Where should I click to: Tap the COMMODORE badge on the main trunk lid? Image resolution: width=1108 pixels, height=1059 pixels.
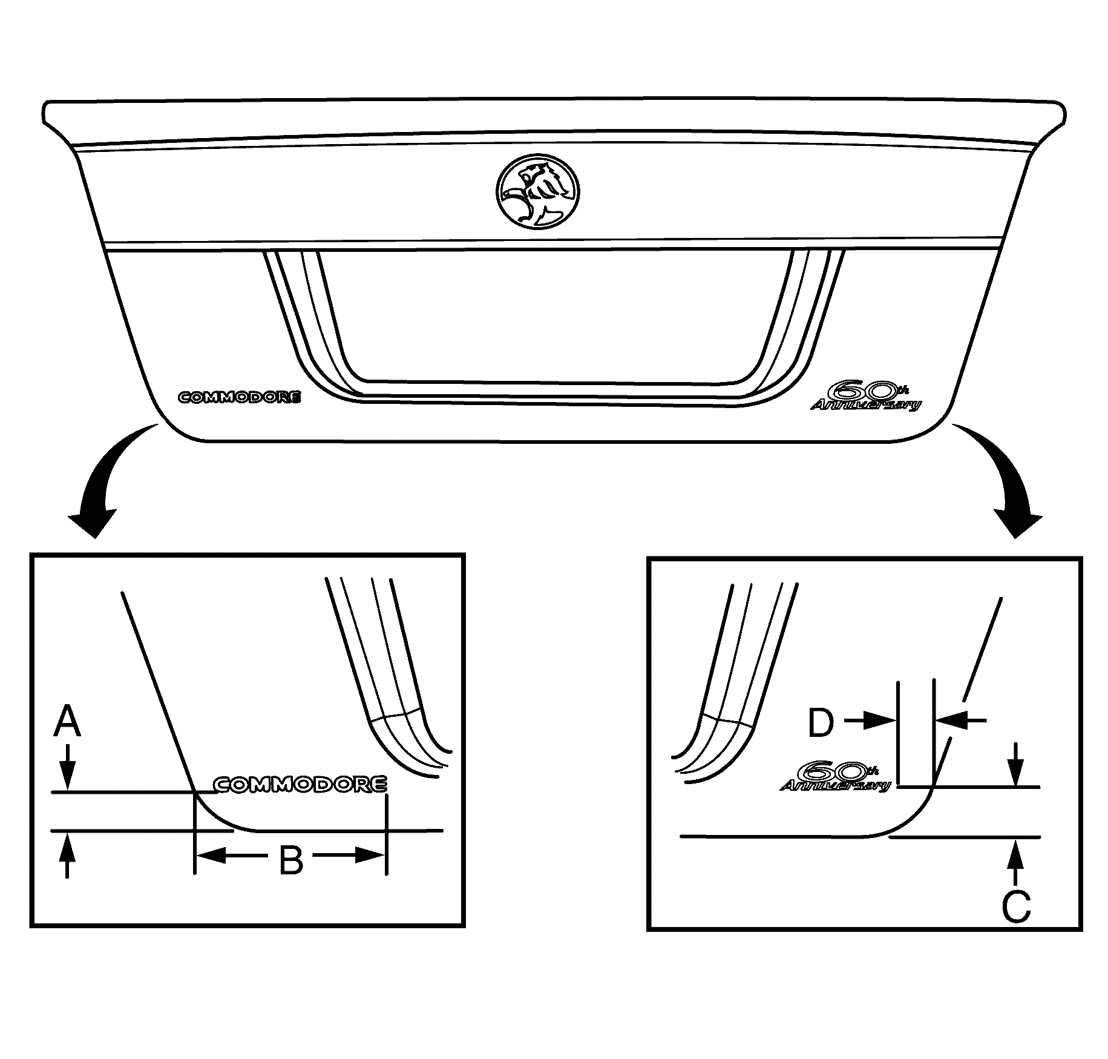coord(239,398)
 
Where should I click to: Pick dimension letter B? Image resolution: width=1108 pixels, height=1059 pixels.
coord(290,860)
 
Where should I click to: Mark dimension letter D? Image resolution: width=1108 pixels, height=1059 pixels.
coord(821,723)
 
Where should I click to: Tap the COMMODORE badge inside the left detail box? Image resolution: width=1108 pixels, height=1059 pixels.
coord(301,784)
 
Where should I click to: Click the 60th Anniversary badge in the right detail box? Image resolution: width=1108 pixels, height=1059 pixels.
coord(836,776)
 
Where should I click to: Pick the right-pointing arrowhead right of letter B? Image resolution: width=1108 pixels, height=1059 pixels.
coord(371,855)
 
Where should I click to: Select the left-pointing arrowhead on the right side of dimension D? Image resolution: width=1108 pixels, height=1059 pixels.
coord(951,720)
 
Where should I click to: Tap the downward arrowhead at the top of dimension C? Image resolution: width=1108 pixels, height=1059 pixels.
coord(1016,773)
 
